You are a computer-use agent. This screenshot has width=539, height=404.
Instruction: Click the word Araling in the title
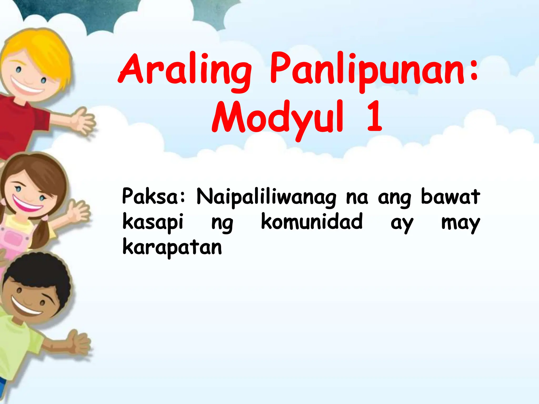184,70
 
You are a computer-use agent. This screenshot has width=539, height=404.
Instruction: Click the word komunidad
312,221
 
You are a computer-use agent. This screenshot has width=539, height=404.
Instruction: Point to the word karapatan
172,247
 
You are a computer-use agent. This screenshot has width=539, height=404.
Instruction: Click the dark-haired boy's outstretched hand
79,343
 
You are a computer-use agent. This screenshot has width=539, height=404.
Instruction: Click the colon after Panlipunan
474,70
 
